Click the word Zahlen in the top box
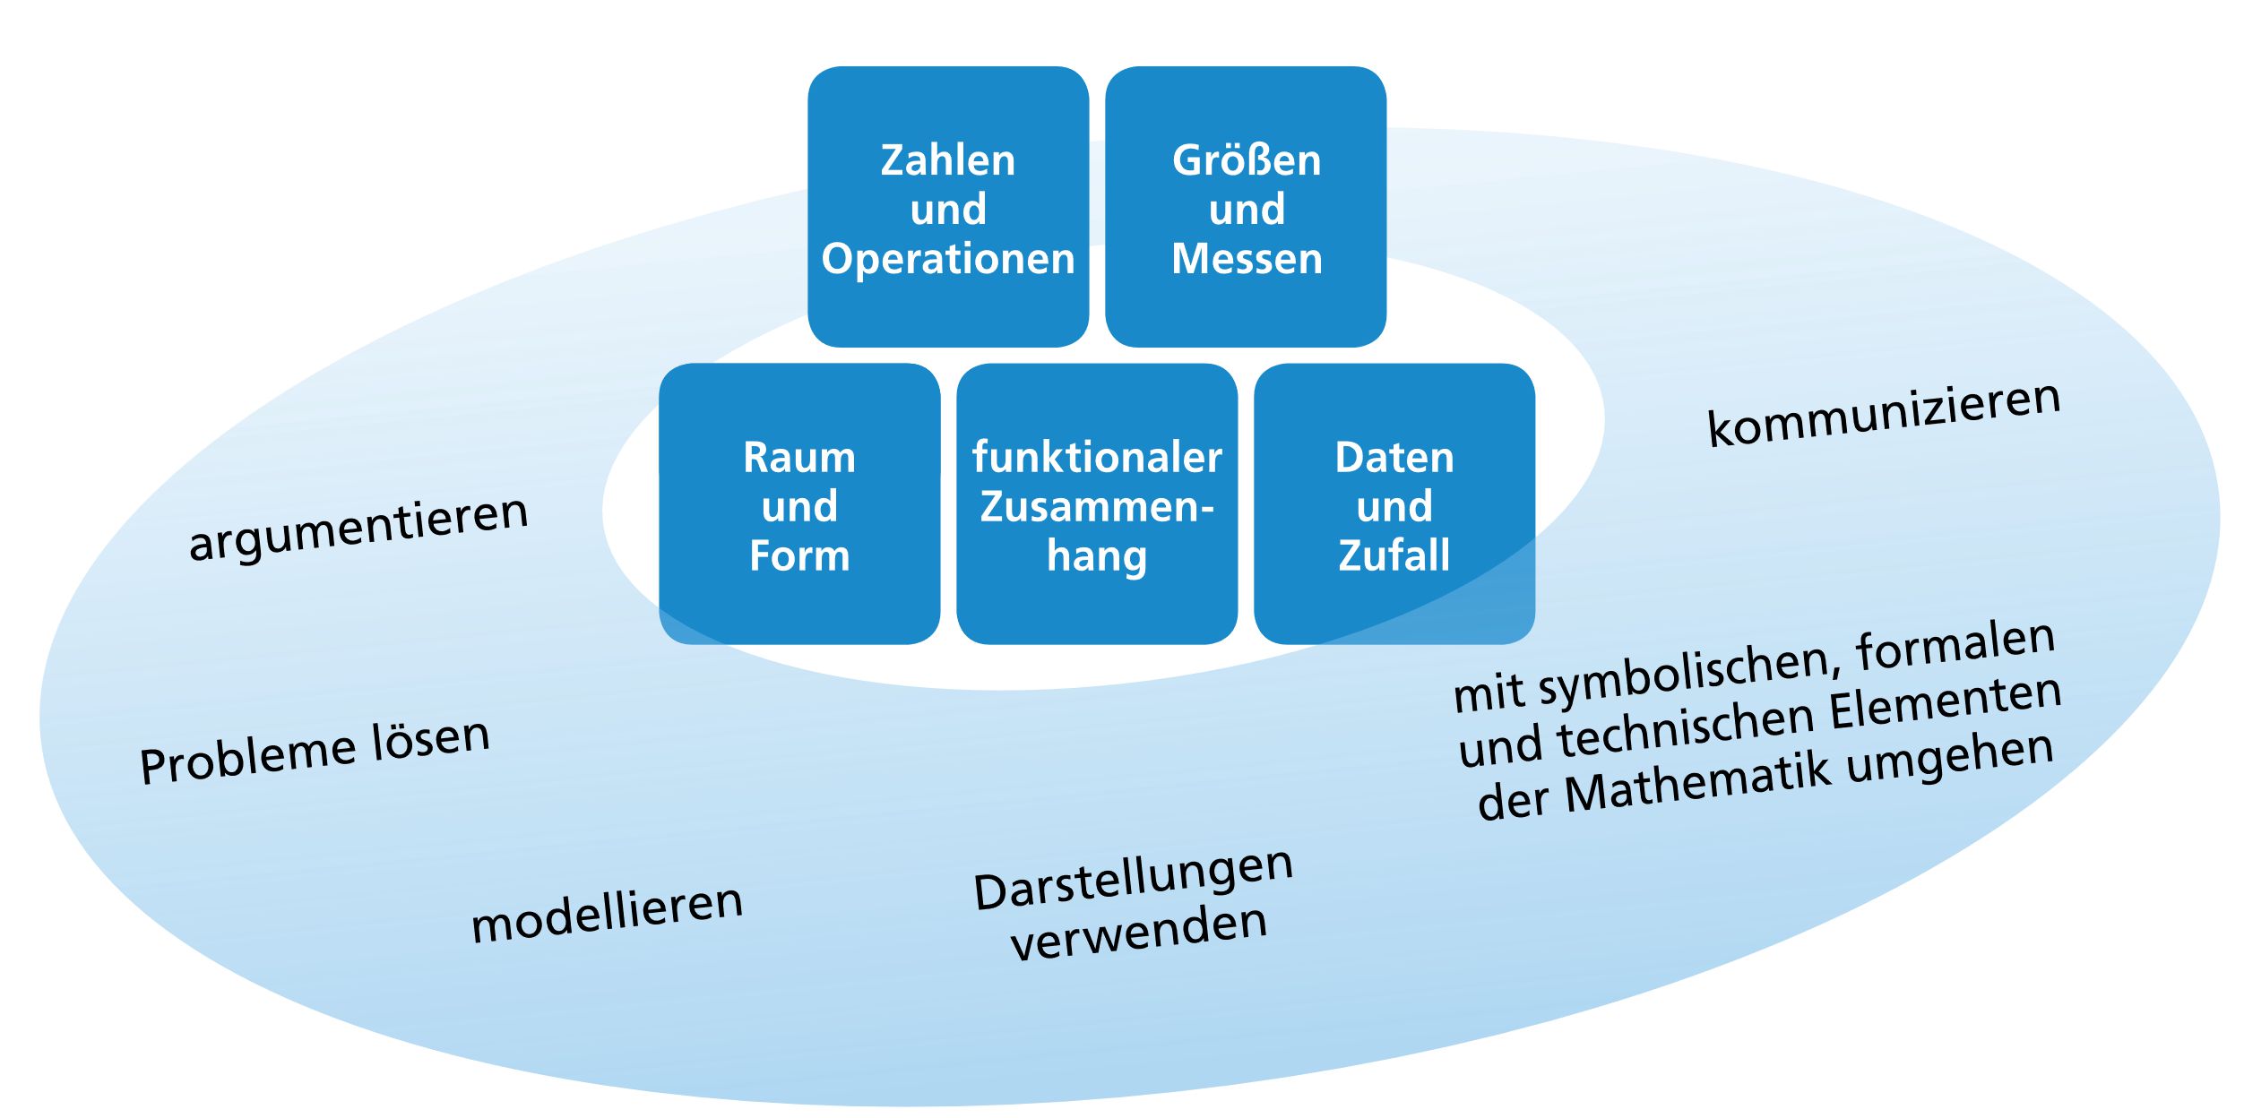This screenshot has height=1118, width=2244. tap(947, 161)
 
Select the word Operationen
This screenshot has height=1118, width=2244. tap(947, 260)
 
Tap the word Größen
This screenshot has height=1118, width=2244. tap(1246, 161)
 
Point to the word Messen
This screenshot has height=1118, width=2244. tap(1246, 259)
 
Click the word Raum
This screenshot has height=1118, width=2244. tap(798, 458)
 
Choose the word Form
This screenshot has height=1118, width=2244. tap(798, 556)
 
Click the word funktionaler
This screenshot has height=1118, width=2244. tap(1097, 458)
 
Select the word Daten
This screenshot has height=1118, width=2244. tap(1394, 458)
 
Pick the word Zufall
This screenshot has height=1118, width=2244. tap(1394, 555)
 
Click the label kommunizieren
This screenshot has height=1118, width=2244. tap(1884, 414)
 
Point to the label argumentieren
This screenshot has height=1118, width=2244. tap(358, 529)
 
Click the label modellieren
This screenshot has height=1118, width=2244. tap(607, 914)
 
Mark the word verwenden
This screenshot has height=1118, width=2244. tap(1138, 933)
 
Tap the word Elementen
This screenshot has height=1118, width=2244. tap(1945, 708)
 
